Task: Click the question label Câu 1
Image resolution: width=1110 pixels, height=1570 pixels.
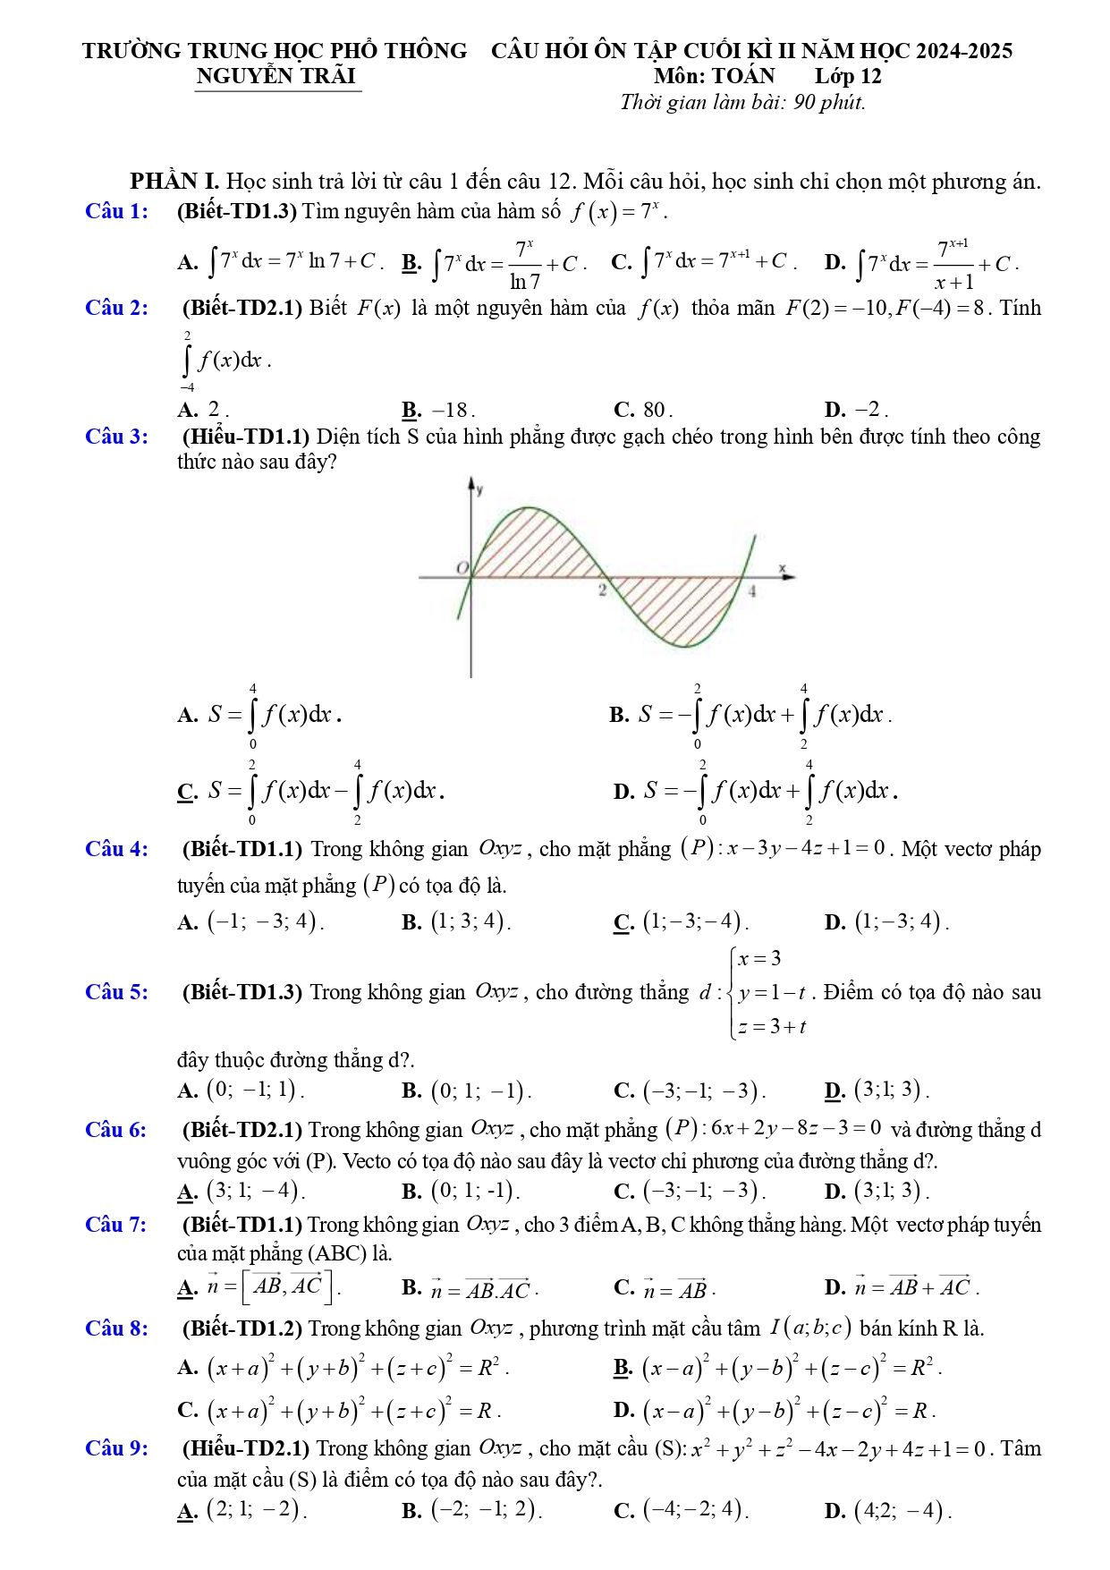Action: coord(116,212)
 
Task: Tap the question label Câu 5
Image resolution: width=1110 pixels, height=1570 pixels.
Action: coord(116,992)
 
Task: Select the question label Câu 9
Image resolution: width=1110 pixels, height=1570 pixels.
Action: coord(116,1448)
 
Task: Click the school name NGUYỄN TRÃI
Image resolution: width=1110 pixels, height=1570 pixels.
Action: coord(276,76)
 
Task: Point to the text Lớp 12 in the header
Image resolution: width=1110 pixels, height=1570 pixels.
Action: coord(847,76)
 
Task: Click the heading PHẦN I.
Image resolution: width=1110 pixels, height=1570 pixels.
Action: coord(174,182)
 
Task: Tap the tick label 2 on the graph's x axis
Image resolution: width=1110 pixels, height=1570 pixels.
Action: coord(603,591)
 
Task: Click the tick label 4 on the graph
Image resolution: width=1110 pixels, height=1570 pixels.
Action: coord(752,591)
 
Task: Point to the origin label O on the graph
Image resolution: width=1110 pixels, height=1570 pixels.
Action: coord(462,567)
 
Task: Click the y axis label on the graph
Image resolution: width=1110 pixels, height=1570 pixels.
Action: coord(480,489)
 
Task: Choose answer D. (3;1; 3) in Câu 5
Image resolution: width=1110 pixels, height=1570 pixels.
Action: coord(877,1091)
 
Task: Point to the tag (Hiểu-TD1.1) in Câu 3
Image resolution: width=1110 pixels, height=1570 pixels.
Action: coord(246,437)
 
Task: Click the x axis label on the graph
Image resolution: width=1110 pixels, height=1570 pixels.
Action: coord(781,567)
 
